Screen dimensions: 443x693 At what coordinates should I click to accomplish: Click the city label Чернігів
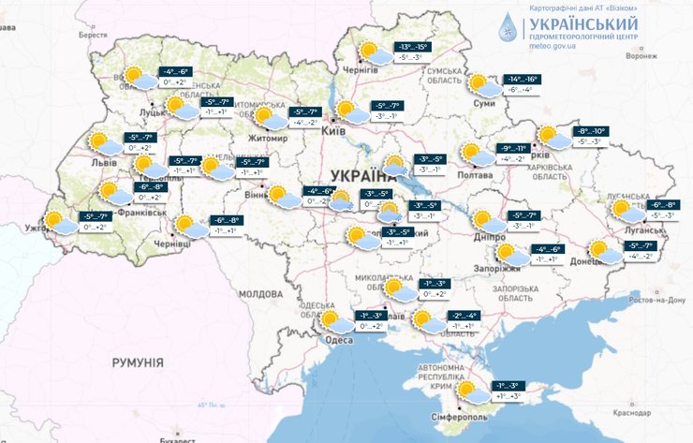361,70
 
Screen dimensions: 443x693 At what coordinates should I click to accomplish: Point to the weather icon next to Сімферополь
471,391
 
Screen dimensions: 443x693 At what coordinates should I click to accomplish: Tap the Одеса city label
339,340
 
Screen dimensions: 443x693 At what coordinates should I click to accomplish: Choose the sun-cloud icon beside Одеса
331,322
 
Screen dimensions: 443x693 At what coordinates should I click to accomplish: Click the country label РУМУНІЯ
138,362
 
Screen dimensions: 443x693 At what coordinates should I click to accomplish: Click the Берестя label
94,35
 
